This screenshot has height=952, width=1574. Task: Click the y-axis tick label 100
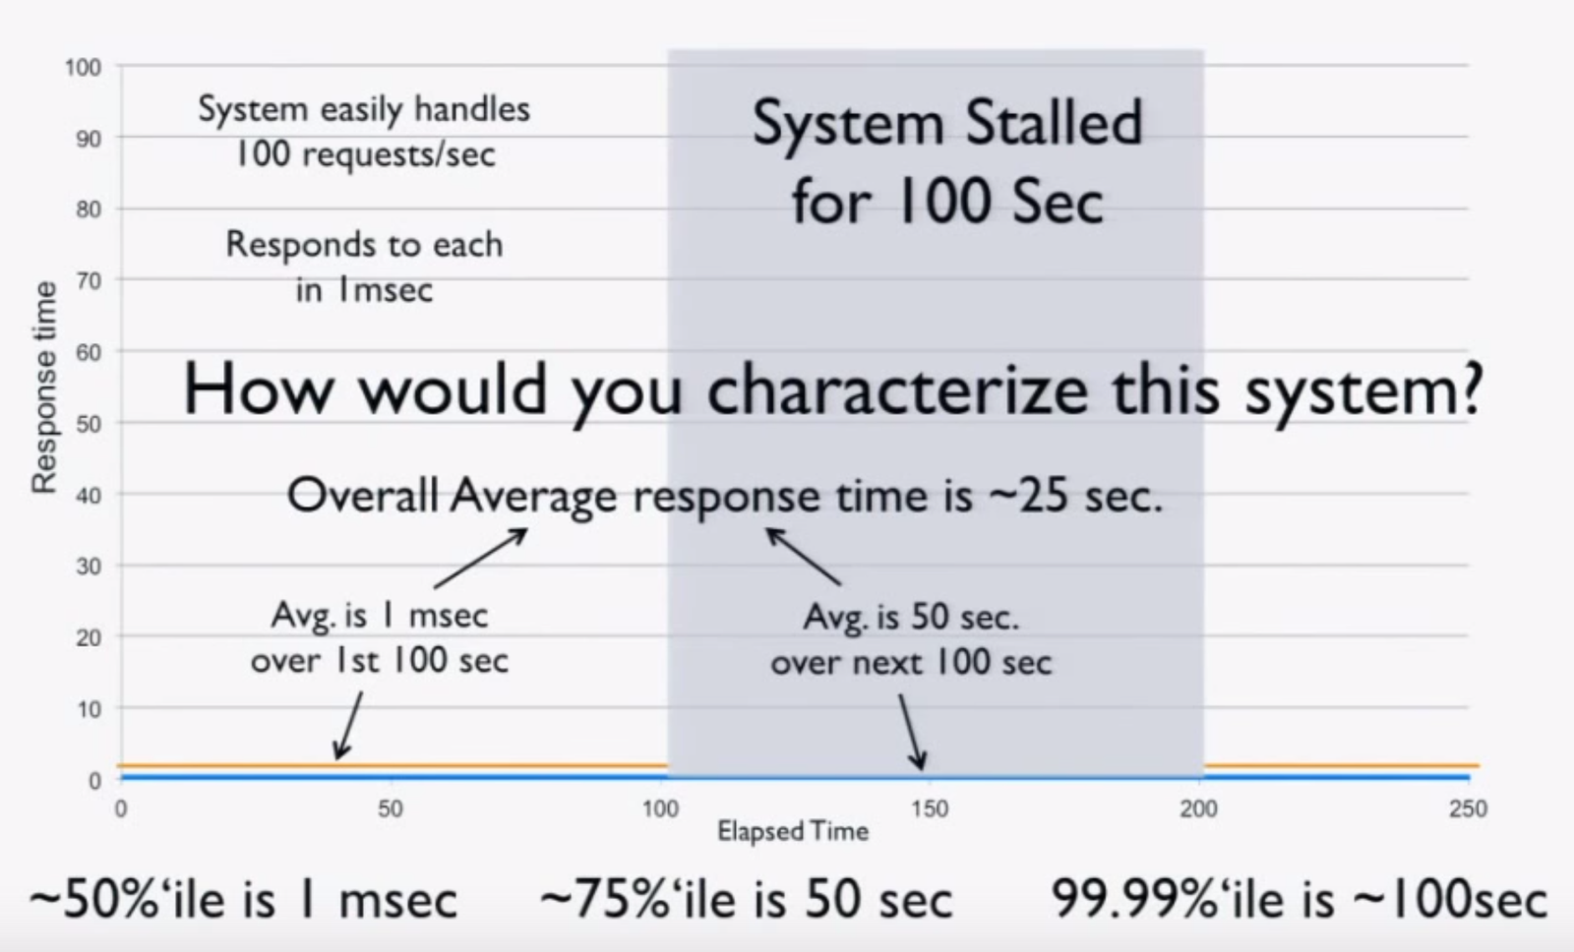coord(83,68)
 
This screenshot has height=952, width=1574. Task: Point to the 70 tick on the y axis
coord(89,281)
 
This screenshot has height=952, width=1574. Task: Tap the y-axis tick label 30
coord(89,566)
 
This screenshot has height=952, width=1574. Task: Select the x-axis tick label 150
coord(930,809)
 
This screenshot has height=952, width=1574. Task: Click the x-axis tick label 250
coord(1468,809)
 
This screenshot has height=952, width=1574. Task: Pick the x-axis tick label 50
coord(391,809)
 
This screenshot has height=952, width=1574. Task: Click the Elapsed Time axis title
coord(793,832)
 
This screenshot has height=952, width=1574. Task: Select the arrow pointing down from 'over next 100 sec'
coord(912,732)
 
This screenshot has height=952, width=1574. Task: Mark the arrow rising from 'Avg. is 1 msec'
coord(481,558)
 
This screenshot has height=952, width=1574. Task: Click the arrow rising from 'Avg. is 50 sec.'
coord(803,557)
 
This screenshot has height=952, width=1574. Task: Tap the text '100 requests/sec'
coord(365,153)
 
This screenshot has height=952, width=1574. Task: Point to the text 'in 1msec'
coord(364,290)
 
